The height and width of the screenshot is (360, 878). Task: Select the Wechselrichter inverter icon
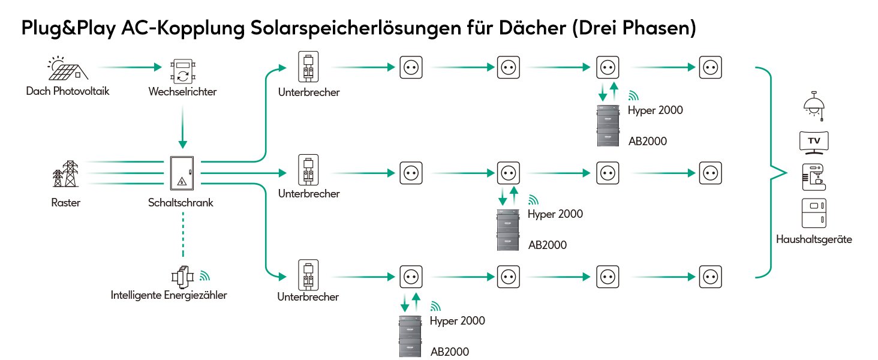tap(183, 71)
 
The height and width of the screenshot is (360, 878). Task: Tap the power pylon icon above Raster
tap(66, 173)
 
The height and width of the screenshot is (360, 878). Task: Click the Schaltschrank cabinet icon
tap(182, 173)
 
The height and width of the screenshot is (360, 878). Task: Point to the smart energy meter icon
tap(183, 277)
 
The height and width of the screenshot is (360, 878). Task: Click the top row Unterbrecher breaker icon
tap(308, 66)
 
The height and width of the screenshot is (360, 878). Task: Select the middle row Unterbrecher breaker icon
tap(308, 169)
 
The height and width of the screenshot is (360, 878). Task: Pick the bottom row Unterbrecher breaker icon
tap(308, 275)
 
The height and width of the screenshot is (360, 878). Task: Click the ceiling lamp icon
tap(814, 106)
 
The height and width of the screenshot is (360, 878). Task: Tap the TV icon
tap(814, 143)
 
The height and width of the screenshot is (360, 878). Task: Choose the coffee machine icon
tap(814, 177)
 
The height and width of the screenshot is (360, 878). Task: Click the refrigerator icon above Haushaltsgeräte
tap(814, 213)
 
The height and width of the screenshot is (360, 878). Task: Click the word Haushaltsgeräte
tap(814, 239)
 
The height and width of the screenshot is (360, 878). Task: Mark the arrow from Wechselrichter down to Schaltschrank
tap(183, 127)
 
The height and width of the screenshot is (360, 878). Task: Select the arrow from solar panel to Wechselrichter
tap(130, 67)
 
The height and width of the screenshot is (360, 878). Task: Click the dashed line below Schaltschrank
tap(183, 235)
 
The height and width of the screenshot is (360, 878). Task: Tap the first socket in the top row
tap(411, 67)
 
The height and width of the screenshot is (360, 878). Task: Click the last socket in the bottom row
tap(711, 277)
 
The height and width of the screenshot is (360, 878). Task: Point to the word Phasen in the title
tap(659, 28)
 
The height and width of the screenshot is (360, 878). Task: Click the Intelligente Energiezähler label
tap(169, 295)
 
